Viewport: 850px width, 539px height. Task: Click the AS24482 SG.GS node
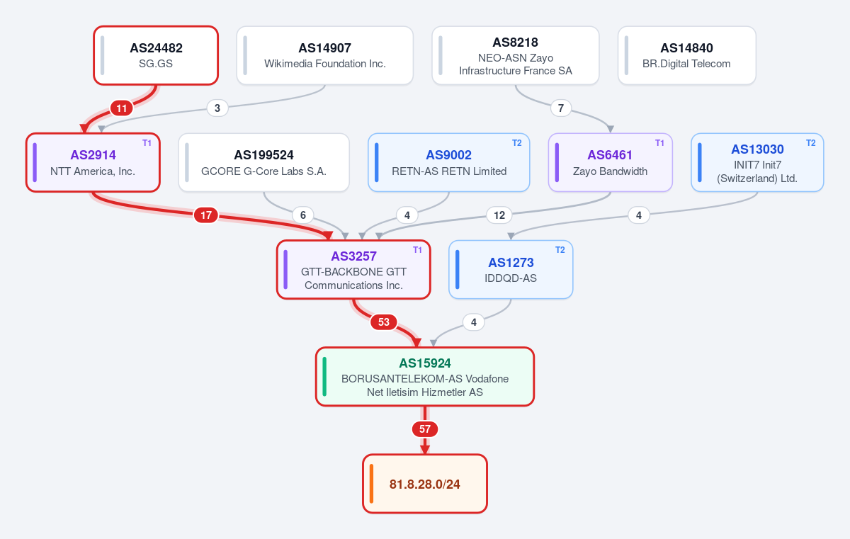pos(156,55)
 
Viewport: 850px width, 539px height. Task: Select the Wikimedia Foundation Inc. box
pos(325,55)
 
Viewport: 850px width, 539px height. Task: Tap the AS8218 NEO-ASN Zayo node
pos(516,55)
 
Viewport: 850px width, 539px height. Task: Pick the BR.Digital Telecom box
pos(686,55)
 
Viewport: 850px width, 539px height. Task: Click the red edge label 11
pos(121,108)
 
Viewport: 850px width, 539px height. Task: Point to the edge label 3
pos(217,108)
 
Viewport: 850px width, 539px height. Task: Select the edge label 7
pos(561,108)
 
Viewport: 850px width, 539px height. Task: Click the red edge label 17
pos(206,215)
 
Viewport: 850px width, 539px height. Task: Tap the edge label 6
pos(303,215)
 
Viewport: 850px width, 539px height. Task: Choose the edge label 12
pos(499,215)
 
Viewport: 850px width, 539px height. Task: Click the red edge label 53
pos(384,322)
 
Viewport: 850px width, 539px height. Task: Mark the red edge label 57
pos(424,429)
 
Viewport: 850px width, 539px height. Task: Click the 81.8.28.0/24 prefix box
pos(424,484)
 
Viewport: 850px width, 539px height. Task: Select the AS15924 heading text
pos(424,363)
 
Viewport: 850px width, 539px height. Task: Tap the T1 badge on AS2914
pos(147,143)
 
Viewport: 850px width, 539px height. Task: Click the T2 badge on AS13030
pos(810,143)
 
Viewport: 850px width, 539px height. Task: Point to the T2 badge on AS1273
pos(560,250)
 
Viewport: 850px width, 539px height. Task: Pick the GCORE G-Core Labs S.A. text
pos(263,171)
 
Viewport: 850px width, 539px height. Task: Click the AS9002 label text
pos(448,155)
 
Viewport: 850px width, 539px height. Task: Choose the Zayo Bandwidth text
pos(610,171)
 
